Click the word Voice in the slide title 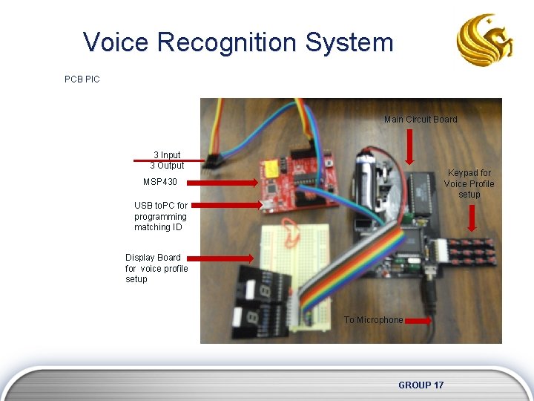pyautogui.click(x=116, y=42)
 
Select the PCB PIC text pyautogui.click(x=82, y=79)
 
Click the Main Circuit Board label pyautogui.click(x=421, y=120)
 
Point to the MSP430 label pyautogui.click(x=159, y=182)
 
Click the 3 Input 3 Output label pyautogui.click(x=167, y=160)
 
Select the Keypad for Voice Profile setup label pyautogui.click(x=469, y=183)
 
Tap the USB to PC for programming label pyautogui.click(x=160, y=216)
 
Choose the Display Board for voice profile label pyautogui.click(x=156, y=268)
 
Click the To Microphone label pyautogui.click(x=373, y=320)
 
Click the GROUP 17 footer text pyautogui.click(x=421, y=385)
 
